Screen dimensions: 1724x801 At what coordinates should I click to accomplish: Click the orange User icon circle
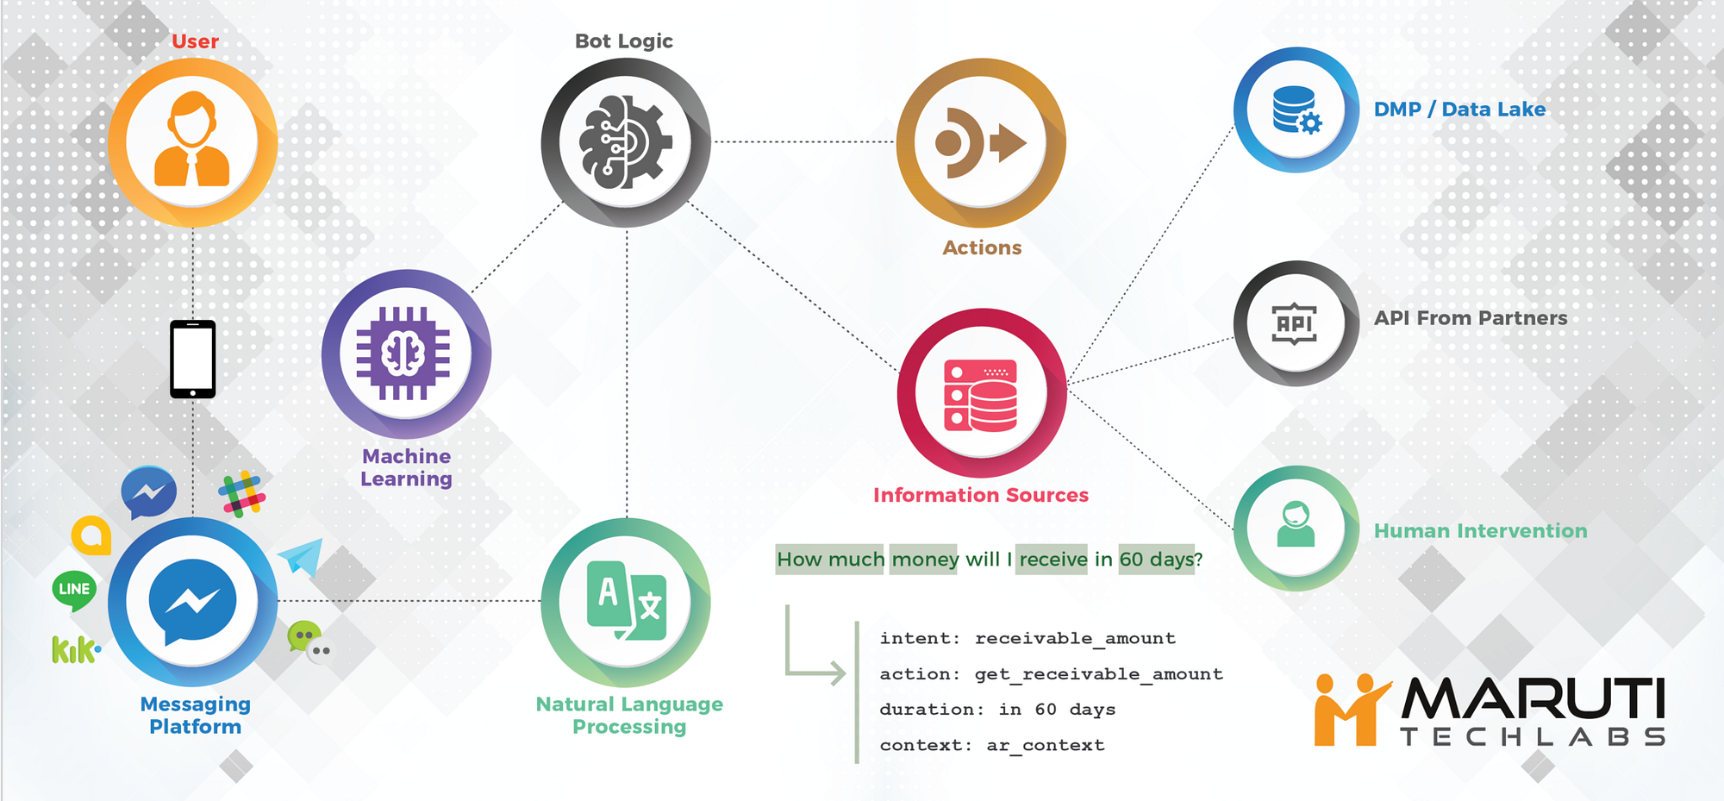(192, 142)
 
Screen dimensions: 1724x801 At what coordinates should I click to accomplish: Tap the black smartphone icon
(192, 359)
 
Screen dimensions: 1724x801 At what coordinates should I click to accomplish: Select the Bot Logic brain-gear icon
(626, 142)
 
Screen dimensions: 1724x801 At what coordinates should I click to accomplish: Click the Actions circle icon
(981, 142)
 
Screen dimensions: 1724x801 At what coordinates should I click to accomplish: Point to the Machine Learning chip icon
(405, 354)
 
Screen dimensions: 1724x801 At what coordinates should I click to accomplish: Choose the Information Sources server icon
(981, 394)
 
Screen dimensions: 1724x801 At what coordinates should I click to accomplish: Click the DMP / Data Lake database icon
(1295, 110)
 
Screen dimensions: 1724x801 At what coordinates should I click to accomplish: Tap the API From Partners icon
(1295, 323)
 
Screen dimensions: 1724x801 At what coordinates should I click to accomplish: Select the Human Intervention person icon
(1295, 528)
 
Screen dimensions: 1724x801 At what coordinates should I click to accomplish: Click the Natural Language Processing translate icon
(626, 601)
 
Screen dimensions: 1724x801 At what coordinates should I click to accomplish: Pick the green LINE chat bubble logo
(74, 590)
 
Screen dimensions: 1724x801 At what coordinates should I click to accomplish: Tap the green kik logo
(75, 649)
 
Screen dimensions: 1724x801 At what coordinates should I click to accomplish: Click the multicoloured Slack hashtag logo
(241, 494)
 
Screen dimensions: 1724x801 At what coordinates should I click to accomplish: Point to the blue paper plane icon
(301, 556)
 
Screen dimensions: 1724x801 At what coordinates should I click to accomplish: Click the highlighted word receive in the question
(1053, 560)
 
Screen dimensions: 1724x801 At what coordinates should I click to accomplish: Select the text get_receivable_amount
(1098, 674)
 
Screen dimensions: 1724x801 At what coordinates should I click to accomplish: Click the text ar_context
(1045, 746)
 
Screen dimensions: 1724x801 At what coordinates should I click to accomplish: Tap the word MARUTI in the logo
(1533, 698)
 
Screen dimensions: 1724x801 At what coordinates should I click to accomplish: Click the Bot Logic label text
(623, 41)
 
